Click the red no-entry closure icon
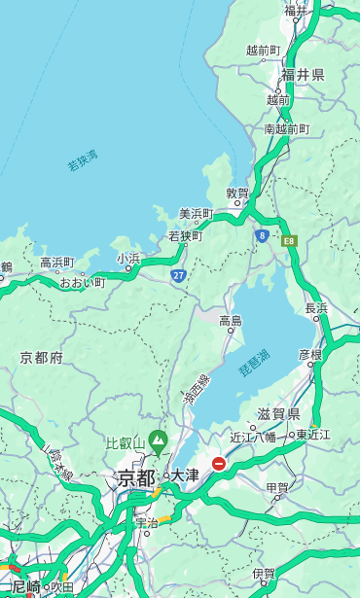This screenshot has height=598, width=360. (220, 465)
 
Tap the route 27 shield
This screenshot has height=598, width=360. (178, 276)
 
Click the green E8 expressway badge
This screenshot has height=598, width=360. (289, 239)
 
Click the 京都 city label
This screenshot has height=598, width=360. (136, 477)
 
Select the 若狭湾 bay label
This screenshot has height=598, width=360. (83, 161)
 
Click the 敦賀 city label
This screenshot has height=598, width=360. (237, 193)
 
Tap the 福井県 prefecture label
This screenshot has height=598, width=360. (303, 75)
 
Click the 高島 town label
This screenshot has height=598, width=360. (231, 320)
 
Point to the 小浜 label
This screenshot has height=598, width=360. (128, 259)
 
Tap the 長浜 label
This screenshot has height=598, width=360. (317, 308)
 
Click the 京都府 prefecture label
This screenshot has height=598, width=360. (41, 358)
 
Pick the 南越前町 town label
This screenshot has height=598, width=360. (286, 128)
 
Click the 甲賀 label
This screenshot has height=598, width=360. (277, 487)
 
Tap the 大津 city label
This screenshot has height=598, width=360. (185, 475)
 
